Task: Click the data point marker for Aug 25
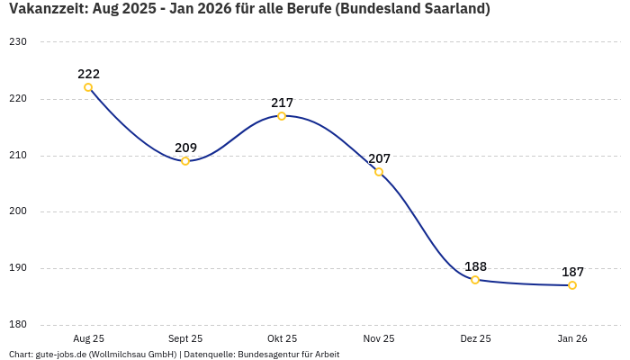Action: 88,87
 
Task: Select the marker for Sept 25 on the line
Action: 185,161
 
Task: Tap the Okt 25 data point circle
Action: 282,116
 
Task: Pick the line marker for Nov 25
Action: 379,172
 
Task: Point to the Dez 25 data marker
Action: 475,280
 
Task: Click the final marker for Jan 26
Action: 572,285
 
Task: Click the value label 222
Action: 88,74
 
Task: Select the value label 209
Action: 185,148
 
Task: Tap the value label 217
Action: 282,103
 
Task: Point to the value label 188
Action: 475,266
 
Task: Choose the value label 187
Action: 572,272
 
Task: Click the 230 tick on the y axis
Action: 18,42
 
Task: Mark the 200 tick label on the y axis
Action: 18,211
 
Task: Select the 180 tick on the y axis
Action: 18,325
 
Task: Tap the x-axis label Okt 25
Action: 282,338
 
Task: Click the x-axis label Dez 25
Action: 475,338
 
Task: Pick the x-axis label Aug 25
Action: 88,338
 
